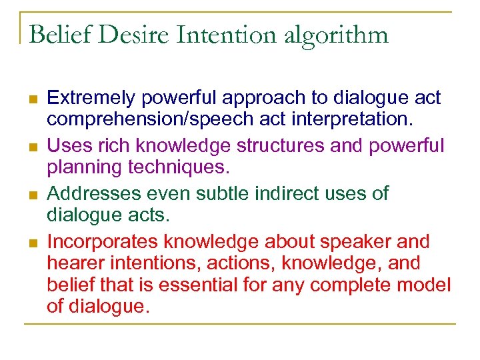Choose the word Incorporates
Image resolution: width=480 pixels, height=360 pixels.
tap(103, 241)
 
